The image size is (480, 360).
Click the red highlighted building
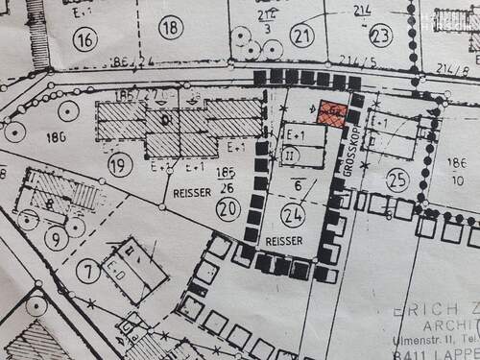[332, 113]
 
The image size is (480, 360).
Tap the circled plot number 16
[85, 39]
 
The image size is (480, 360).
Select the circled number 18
[171, 28]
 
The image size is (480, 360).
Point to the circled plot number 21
[304, 36]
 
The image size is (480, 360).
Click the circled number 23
[381, 36]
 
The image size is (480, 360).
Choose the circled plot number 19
[120, 165]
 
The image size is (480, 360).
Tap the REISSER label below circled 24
[285, 240]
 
